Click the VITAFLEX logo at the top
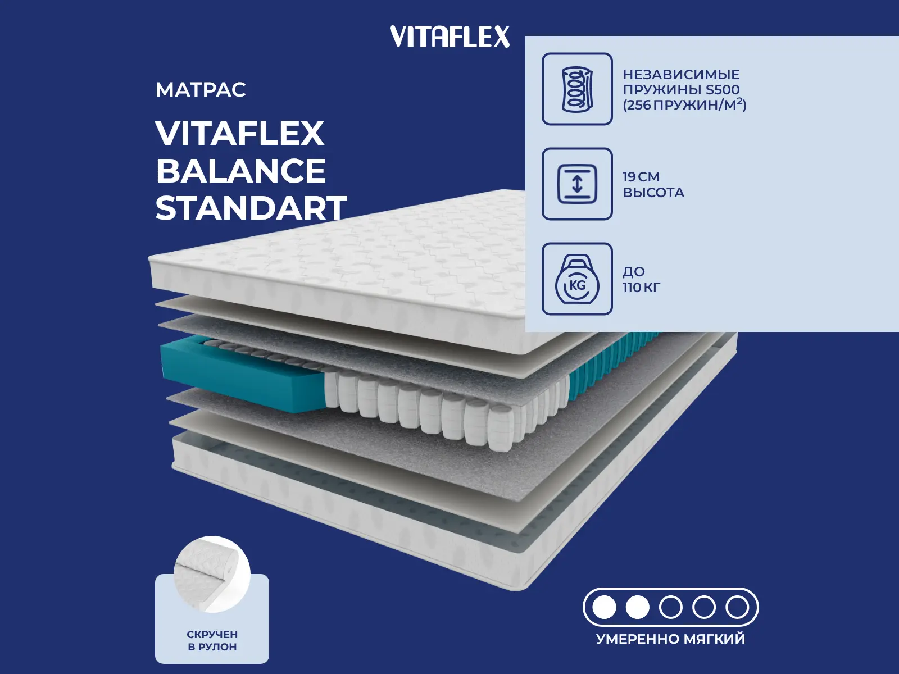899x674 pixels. tap(449, 37)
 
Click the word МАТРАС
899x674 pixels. tap(201, 90)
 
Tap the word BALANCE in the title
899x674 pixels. tap(240, 171)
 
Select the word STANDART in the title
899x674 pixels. tap(251, 208)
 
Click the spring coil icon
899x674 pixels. tap(577, 89)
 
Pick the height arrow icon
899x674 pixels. tap(577, 184)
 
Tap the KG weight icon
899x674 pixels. tap(577, 279)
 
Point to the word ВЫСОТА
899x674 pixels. tap(653, 193)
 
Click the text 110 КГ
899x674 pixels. tap(641, 288)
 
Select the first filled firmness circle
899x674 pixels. tap(605, 607)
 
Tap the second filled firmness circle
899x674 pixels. tap(638, 607)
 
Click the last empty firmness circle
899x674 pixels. tap(737, 607)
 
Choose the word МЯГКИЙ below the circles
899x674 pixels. tap(714, 639)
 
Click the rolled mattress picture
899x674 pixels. tap(211, 573)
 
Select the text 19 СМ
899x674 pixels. tap(641, 177)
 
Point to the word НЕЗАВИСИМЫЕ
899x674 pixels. tap(681, 75)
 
